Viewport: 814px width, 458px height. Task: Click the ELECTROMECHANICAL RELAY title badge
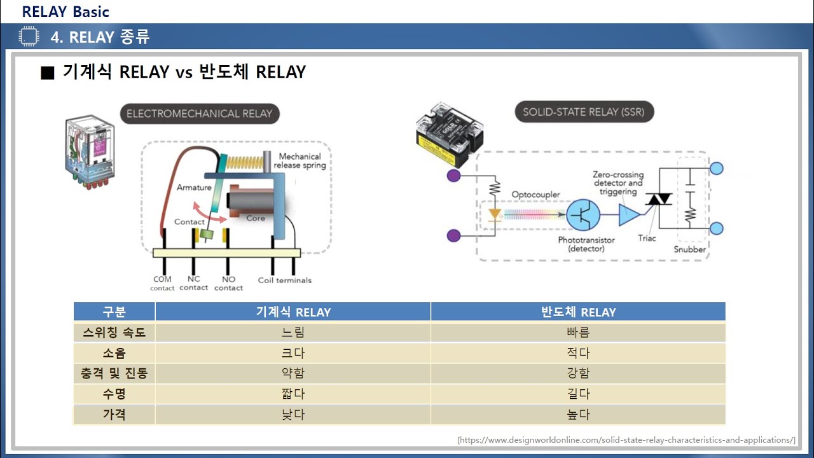pos(199,114)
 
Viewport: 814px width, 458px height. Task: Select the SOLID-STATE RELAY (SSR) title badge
pos(583,112)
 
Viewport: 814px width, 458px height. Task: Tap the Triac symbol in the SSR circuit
pos(659,200)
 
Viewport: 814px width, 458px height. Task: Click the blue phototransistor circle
pos(583,215)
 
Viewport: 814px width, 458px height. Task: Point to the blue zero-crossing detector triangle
pos(630,215)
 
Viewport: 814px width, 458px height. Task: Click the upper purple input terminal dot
pos(453,175)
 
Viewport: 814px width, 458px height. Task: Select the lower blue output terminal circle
pos(716,229)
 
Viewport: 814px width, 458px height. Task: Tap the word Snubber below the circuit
pos(690,249)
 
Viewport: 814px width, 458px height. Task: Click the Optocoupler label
pos(536,194)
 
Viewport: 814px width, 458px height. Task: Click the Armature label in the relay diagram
pos(194,188)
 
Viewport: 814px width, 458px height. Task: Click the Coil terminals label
pos(284,280)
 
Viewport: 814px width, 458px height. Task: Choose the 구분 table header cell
pos(114,312)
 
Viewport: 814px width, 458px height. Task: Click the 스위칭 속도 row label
pos(114,332)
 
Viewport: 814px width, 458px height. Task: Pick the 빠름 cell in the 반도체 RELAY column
pos(577,332)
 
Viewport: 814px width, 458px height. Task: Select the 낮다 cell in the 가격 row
pos(293,414)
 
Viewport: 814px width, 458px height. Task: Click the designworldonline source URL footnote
pos(626,440)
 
